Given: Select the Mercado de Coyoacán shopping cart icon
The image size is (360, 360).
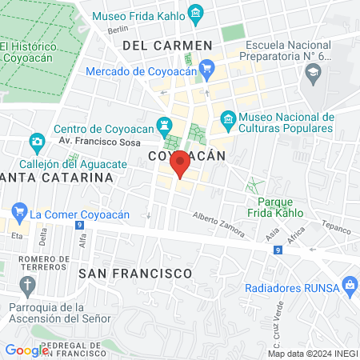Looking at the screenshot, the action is point(207,70).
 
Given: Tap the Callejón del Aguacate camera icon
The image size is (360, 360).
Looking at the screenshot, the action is point(37,143).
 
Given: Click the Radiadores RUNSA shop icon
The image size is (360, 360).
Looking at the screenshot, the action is point(349,284).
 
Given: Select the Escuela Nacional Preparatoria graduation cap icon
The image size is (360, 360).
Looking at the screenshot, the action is point(312,74).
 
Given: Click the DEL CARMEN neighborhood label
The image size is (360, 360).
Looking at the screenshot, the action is point(167,46).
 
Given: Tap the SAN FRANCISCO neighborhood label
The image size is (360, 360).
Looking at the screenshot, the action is point(135,273).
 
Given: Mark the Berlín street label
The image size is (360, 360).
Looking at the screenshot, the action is point(117,30).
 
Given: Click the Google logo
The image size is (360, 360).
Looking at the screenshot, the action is point(26,350).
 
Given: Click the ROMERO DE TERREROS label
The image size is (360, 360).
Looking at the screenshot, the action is point(44,263).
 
